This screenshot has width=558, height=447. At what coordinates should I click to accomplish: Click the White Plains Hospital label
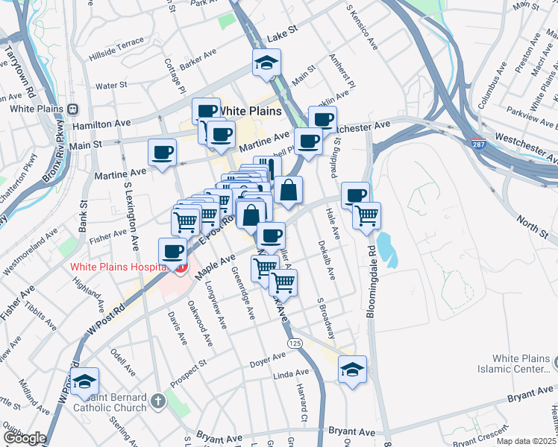(x=117, y=267)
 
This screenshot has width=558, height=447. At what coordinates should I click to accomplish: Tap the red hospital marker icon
(x=180, y=267)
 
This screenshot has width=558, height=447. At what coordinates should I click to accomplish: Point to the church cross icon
(x=157, y=402)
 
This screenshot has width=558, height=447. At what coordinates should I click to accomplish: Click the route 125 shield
(x=295, y=343)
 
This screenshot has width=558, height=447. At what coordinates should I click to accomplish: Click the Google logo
(x=24, y=438)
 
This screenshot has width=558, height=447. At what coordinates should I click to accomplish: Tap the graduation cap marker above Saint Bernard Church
(x=85, y=381)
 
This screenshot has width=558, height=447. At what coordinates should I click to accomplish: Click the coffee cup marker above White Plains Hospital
(x=173, y=250)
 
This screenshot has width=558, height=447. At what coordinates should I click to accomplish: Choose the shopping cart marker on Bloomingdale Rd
(x=366, y=215)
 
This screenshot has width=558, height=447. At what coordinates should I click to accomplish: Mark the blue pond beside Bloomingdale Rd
(x=385, y=247)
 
